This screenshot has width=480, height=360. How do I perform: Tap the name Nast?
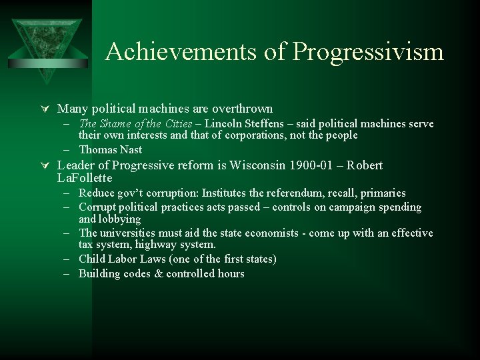[130, 149]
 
